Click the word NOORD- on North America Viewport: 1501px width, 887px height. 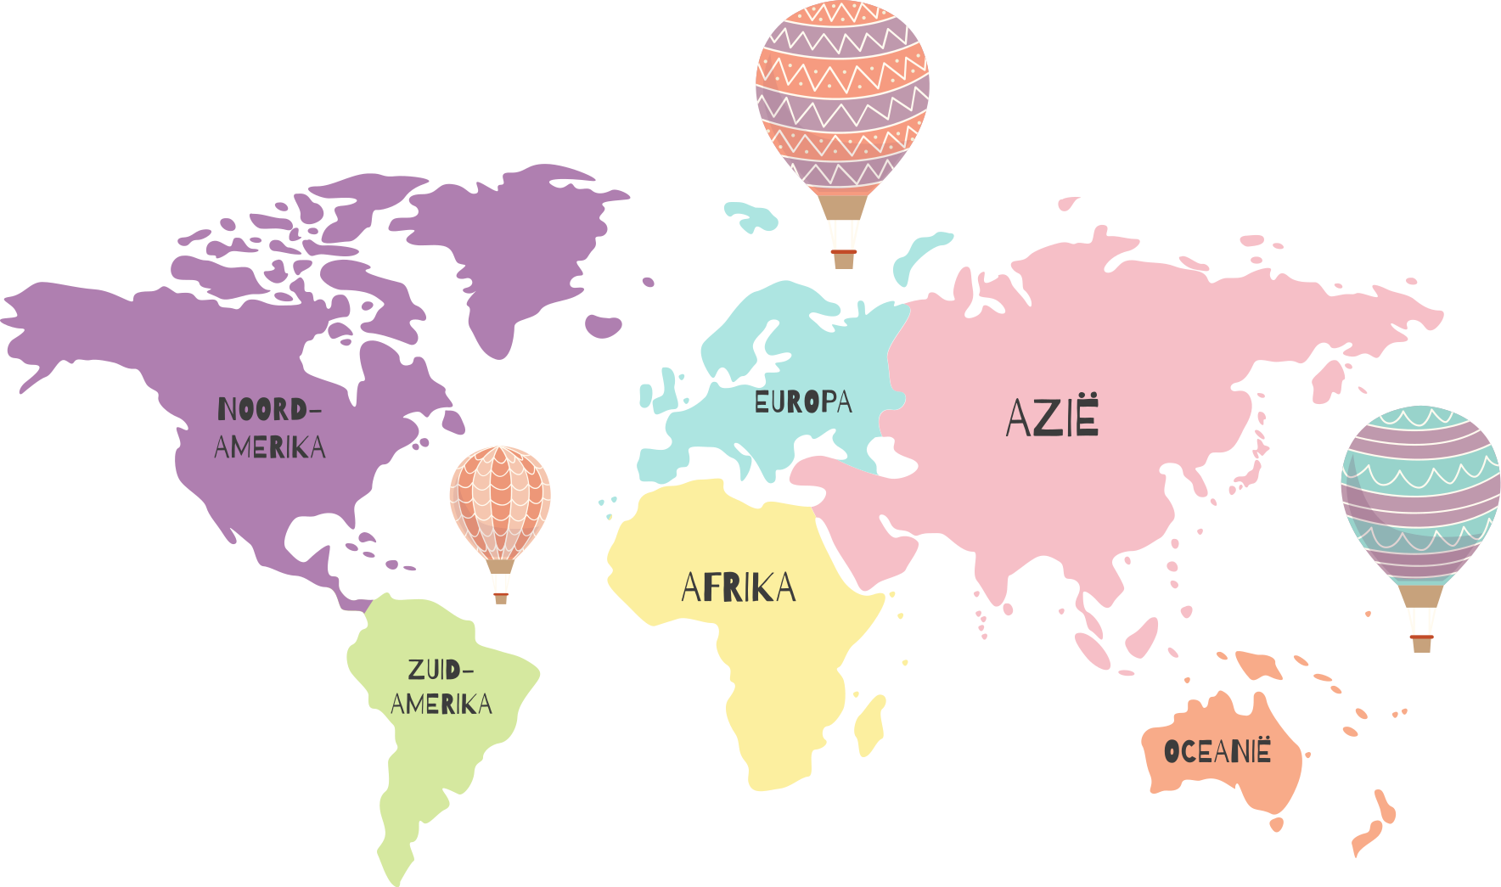pos(269,410)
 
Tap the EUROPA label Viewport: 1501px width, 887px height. pos(803,401)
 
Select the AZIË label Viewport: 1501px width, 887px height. pos(1053,417)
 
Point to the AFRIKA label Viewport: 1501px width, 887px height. pos(739,587)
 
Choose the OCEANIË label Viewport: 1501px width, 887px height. pos(1217,751)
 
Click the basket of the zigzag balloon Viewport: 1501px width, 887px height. pos(844,258)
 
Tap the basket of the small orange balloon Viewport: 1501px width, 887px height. pos(501,598)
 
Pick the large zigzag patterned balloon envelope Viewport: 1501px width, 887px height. pos(842,93)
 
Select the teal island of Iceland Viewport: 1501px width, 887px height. pos(751,216)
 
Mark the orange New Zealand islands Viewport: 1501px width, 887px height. pos(1375,823)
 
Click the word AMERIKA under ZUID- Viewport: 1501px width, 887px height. pos(441,705)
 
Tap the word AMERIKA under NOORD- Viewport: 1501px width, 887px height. pos(270,447)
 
